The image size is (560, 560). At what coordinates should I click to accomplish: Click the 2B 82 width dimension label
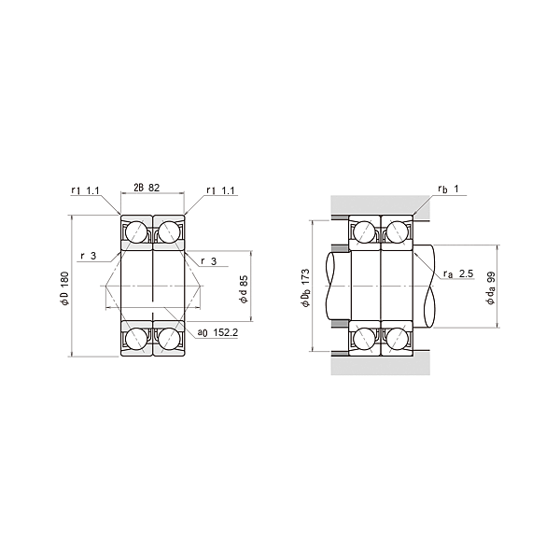click(x=147, y=188)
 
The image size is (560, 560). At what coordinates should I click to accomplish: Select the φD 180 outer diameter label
click(x=64, y=288)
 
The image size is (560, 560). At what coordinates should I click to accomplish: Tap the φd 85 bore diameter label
click(x=244, y=289)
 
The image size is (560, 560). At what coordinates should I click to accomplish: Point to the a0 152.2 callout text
click(x=217, y=332)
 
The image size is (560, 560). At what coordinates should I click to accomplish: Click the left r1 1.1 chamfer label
click(x=85, y=190)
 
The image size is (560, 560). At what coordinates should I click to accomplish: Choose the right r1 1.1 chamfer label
click(x=220, y=190)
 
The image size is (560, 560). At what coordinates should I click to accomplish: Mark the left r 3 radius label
click(x=89, y=256)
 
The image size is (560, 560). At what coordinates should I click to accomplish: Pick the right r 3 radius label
click(x=209, y=261)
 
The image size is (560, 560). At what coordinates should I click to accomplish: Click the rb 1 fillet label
click(x=448, y=189)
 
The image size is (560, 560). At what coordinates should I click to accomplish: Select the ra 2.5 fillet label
click(x=458, y=273)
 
